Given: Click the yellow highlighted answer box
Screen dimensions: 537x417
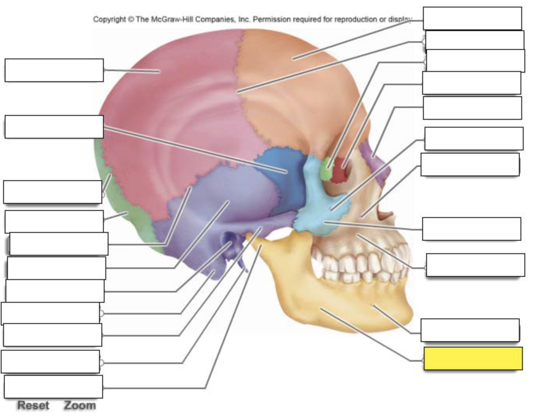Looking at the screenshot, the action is pos(473,358).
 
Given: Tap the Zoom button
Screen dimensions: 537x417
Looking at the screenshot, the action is pos(80,405).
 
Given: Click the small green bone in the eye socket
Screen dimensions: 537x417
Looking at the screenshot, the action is pos(327,168).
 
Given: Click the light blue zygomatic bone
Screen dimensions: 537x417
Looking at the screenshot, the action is pos(321,205).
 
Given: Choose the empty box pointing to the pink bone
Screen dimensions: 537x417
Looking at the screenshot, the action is pos(54,70).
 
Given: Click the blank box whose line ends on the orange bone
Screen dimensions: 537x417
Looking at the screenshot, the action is pos(473,18).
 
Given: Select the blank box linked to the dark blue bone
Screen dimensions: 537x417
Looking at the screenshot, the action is pos(54,126).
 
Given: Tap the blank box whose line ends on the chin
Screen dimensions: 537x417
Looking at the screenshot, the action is pos(470,330).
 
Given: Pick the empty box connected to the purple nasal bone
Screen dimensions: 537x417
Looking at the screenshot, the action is pos(473,108).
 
